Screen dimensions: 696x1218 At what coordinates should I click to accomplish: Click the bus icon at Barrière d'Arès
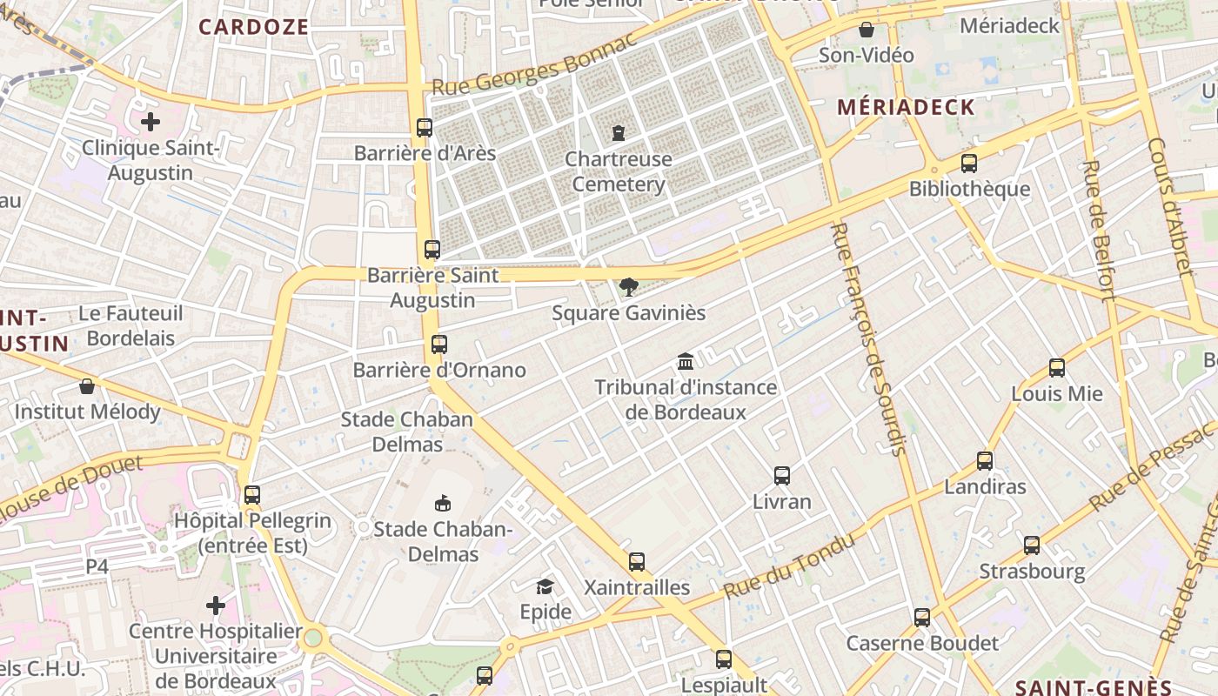425,128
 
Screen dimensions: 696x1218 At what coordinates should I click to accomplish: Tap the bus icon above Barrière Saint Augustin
432,250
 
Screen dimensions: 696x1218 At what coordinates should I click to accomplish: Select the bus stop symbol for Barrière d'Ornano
439,345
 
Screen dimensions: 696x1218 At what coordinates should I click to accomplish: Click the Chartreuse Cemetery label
618,171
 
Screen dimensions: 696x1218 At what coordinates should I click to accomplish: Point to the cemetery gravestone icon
618,133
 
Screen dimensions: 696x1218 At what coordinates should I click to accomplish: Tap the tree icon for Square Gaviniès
628,287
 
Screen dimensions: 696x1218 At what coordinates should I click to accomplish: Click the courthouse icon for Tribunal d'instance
686,361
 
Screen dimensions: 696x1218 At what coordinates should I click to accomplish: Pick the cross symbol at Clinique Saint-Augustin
151,121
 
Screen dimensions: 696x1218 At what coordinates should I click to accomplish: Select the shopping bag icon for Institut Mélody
87,386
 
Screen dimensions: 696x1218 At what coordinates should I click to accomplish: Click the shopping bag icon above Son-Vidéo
867,30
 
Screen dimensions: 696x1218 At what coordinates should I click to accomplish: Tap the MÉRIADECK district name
906,108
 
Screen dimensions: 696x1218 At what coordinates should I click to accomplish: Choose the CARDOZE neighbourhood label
254,27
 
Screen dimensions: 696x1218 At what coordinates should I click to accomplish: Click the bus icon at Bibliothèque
969,164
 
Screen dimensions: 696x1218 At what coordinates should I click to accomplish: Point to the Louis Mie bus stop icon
1057,368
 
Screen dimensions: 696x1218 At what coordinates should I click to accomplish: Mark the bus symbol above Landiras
985,461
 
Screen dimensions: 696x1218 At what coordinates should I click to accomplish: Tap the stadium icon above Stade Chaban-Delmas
443,503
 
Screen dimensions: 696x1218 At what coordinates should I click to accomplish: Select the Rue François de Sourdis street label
869,339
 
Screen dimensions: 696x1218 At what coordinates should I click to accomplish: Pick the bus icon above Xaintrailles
637,562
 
